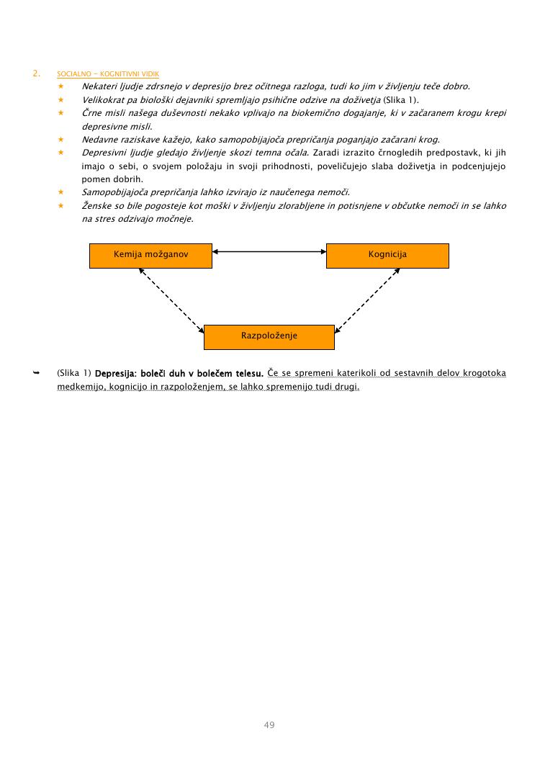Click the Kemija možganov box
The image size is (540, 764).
coord(150,255)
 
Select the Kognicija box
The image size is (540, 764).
coord(387,255)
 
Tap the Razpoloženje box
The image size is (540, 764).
coord(269,336)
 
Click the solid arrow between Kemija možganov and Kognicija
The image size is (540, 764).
coord(269,251)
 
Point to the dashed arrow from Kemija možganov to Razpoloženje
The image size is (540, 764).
coord(171,301)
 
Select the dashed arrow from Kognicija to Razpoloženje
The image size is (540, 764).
coord(367,301)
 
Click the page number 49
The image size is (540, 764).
coord(269,724)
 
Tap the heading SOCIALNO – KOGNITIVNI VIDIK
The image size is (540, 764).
coord(108,74)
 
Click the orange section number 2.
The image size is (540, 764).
coord(35,73)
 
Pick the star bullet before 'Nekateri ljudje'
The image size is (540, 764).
coord(61,86)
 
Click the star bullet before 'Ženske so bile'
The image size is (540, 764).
coord(61,206)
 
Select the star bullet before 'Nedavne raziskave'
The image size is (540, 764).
coord(61,139)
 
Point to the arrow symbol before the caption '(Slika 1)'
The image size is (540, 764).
coord(35,373)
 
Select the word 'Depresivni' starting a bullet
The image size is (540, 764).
coord(105,153)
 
